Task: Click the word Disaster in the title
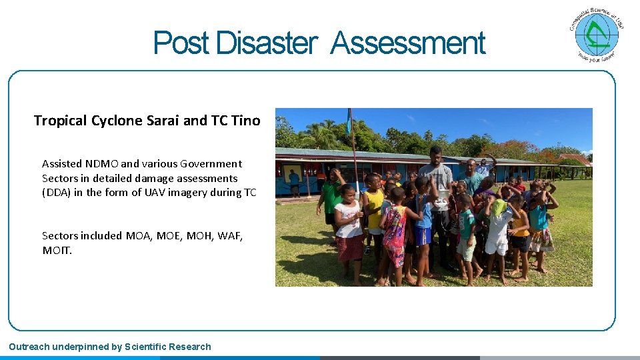click(265, 44)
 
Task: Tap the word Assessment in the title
click(408, 44)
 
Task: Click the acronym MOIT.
click(56, 250)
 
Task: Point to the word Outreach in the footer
click(31, 347)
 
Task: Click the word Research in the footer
click(190, 347)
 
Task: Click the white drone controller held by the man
click(441, 202)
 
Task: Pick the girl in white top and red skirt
click(349, 230)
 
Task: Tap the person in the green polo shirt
click(331, 193)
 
